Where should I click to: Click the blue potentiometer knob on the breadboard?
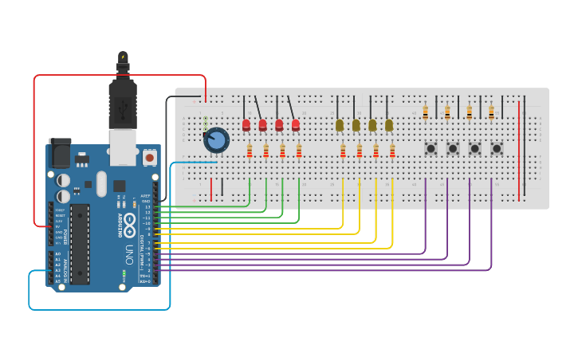(216, 140)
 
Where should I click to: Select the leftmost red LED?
(246, 125)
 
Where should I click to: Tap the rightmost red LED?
(296, 125)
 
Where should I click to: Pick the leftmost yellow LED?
(340, 125)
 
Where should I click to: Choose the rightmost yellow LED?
(389, 125)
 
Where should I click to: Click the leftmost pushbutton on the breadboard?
(431, 148)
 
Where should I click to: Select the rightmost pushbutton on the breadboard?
(497, 148)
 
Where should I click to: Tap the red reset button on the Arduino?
(149, 158)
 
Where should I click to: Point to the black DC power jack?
(61, 152)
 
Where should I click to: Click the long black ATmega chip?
(80, 243)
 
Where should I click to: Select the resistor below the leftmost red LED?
(250, 151)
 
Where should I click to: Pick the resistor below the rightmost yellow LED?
(392, 151)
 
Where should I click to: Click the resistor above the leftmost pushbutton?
(426, 112)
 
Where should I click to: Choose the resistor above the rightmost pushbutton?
(491, 112)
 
